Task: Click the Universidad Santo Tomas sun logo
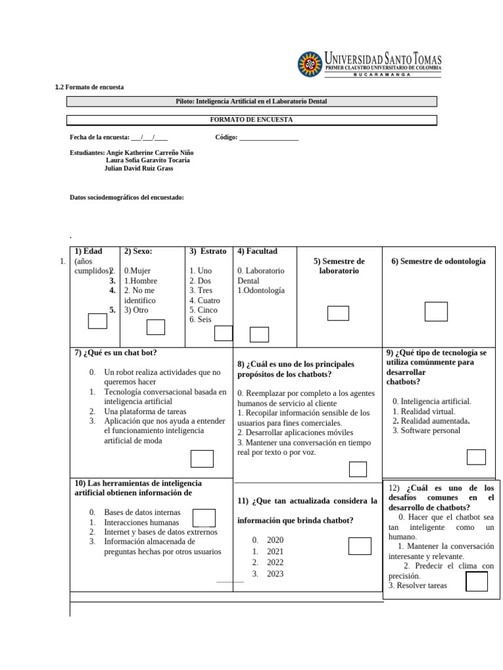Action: [x=310, y=64]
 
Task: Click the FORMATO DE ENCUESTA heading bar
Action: [x=251, y=120]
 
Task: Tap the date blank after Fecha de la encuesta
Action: [x=149, y=137]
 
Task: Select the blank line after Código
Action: [x=269, y=137]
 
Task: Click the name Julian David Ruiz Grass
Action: [x=139, y=168]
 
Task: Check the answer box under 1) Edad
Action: [x=98, y=321]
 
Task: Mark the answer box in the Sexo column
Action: [x=155, y=327]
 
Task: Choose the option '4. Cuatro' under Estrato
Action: [x=204, y=300]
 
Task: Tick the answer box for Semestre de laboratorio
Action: [x=338, y=313]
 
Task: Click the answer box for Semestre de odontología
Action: [x=436, y=312]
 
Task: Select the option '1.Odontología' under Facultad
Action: [x=261, y=291]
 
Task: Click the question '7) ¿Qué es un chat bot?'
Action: [x=116, y=353]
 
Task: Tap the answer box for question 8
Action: [x=358, y=469]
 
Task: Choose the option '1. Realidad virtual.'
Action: [x=424, y=411]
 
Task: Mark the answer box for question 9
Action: [x=476, y=457]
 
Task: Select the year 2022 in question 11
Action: [x=275, y=562]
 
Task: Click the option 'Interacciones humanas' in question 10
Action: [x=141, y=523]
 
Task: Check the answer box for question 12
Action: [x=477, y=581]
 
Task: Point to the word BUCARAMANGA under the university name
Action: [x=382, y=75]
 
